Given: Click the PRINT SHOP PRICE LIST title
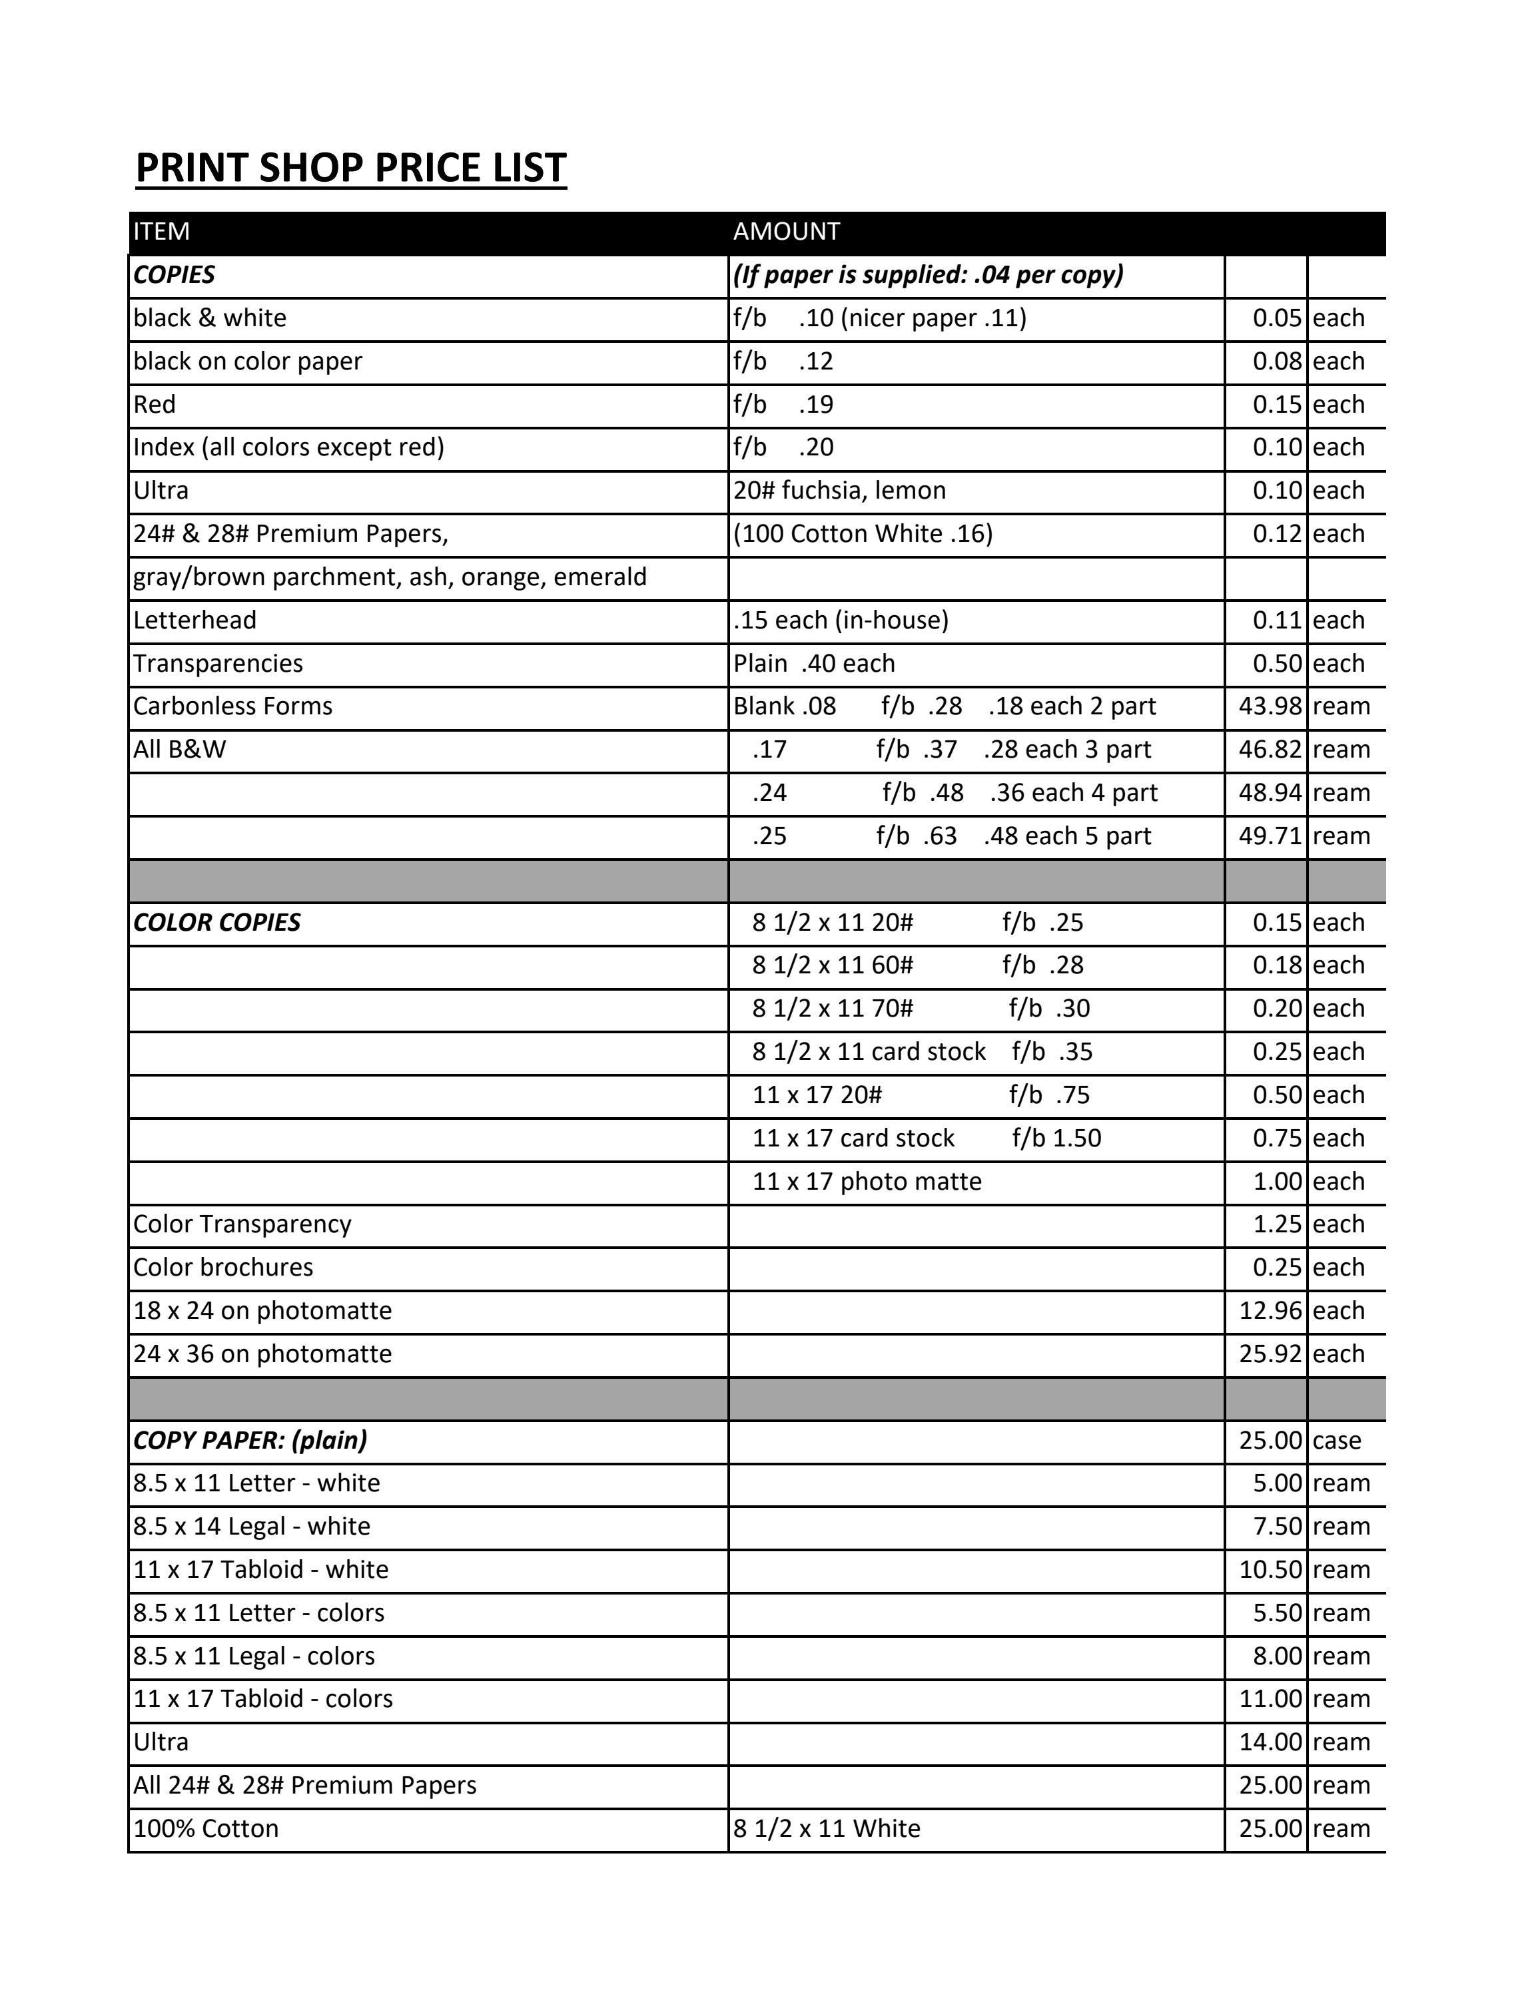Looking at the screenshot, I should click(350, 168).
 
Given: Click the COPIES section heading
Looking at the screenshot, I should click(175, 274).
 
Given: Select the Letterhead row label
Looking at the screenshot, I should click(194, 621).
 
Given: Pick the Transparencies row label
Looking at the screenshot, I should click(217, 663).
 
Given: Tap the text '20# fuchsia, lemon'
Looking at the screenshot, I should click(839, 491).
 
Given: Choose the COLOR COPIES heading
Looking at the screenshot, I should click(216, 922).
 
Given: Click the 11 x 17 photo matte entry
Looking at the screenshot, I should click(866, 1181).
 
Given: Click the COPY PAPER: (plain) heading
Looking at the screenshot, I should click(250, 1440).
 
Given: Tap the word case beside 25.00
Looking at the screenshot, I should click(1337, 1440).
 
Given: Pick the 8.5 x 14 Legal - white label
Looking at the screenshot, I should click(251, 1526).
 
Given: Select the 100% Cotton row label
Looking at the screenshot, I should click(205, 1829).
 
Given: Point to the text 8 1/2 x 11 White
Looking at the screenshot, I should click(827, 1829).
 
